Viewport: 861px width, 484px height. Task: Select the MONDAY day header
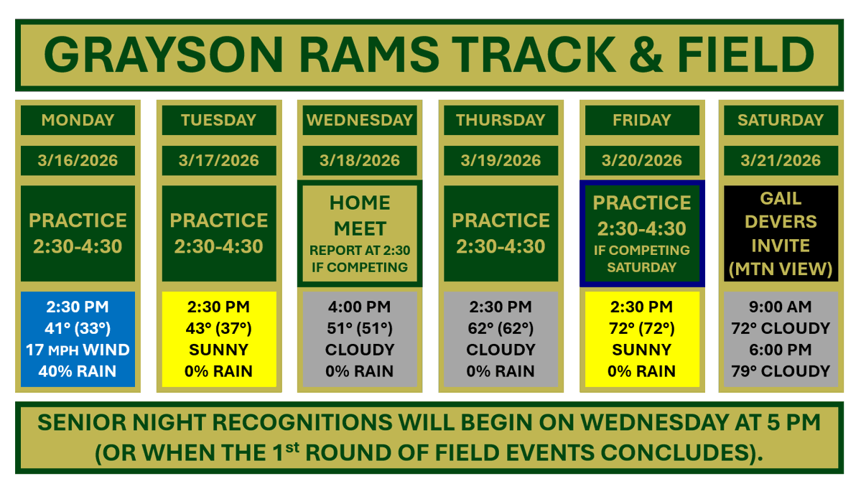point(78,120)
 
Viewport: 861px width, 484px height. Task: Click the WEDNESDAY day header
point(360,120)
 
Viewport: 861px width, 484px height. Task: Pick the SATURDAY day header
point(781,120)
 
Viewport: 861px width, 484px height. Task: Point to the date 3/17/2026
point(219,160)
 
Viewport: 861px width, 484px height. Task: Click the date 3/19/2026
point(501,160)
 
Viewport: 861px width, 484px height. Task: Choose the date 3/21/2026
point(781,160)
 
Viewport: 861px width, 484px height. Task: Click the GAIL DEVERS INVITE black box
point(781,233)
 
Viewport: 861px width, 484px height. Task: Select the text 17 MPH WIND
point(78,350)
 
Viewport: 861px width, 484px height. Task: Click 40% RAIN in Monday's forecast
point(78,372)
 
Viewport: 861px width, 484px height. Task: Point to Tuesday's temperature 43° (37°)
point(219,329)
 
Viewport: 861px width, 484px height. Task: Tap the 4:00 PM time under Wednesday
point(360,307)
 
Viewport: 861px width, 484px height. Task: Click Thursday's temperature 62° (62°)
point(501,329)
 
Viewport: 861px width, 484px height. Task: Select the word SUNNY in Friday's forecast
point(641,350)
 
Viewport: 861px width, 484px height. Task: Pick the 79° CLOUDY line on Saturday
point(781,372)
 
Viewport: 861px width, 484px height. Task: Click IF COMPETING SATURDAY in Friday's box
point(641,259)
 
